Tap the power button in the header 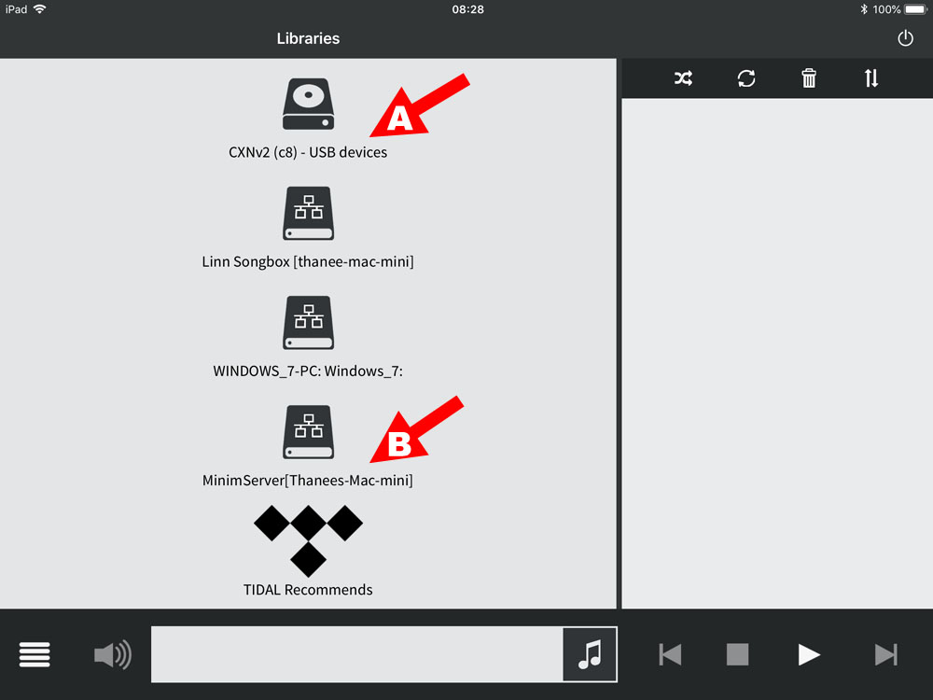(905, 38)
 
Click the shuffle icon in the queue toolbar (683, 78)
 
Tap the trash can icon (809, 78)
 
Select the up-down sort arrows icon (871, 78)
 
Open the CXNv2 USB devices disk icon (308, 105)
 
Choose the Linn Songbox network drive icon (308, 213)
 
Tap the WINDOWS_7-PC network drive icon (308, 323)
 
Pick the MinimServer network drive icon (308, 432)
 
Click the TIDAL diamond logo (308, 540)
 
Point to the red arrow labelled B (415, 428)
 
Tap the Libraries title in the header (308, 38)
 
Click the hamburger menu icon (35, 655)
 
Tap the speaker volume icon (113, 655)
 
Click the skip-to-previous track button (670, 655)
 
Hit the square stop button (737, 655)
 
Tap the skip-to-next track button (886, 655)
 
